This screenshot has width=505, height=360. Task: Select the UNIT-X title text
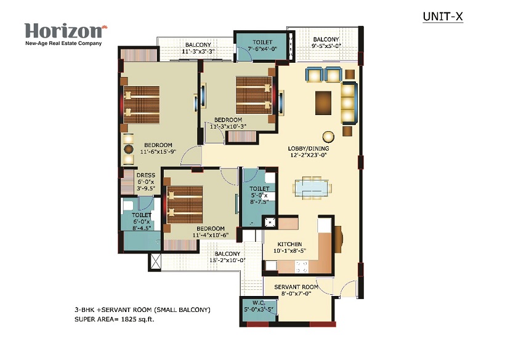[443, 17]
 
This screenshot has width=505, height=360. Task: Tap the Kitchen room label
[289, 244]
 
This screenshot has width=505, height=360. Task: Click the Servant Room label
[296, 287]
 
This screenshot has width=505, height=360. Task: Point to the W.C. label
[259, 303]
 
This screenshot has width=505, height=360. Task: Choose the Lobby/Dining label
[309, 149]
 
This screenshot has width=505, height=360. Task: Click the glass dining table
[312, 187]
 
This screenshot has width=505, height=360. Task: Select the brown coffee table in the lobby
[323, 103]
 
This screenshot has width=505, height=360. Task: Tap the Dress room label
[146, 175]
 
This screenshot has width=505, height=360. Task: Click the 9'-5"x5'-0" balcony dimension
[326, 46]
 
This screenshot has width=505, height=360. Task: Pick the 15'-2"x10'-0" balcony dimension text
[228, 260]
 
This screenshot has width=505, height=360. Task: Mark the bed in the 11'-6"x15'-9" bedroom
[142, 105]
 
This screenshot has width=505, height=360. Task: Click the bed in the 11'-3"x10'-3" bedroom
[254, 95]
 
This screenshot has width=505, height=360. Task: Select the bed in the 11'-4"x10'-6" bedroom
[185, 204]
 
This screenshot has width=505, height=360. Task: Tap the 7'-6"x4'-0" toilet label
[262, 46]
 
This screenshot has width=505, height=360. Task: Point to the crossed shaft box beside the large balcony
[155, 262]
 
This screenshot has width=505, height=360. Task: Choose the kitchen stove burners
[302, 267]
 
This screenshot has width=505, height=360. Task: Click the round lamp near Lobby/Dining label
[328, 137]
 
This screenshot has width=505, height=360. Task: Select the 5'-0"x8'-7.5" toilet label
[259, 195]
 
